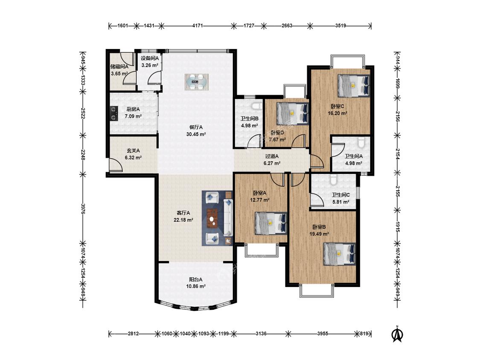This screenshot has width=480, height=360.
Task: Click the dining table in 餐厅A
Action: pyautogui.click(x=197, y=82)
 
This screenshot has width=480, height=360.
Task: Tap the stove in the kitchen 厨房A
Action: pyautogui.click(x=113, y=113)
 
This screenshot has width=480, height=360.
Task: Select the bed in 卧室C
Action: pyautogui.click(x=354, y=85)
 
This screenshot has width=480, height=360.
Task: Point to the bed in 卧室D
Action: pyautogui.click(x=292, y=113)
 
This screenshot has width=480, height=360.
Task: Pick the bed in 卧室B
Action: pyautogui.click(x=340, y=254)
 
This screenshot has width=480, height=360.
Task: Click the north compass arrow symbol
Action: pyautogui.click(x=398, y=334)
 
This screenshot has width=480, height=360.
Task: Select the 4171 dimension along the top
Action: pyautogui.click(x=198, y=26)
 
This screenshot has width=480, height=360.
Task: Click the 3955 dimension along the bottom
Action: pyautogui.click(x=322, y=334)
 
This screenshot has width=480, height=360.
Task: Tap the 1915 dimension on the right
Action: pyautogui.click(x=397, y=226)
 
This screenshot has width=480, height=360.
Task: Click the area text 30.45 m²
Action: pyautogui.click(x=196, y=134)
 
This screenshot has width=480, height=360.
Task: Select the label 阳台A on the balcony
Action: pyautogui.click(x=195, y=279)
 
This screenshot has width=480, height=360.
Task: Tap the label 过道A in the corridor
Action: pyautogui.click(x=272, y=156)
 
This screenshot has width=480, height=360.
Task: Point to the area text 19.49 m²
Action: pyautogui.click(x=319, y=234)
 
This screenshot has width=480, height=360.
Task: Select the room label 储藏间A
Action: pyautogui.click(x=119, y=66)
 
